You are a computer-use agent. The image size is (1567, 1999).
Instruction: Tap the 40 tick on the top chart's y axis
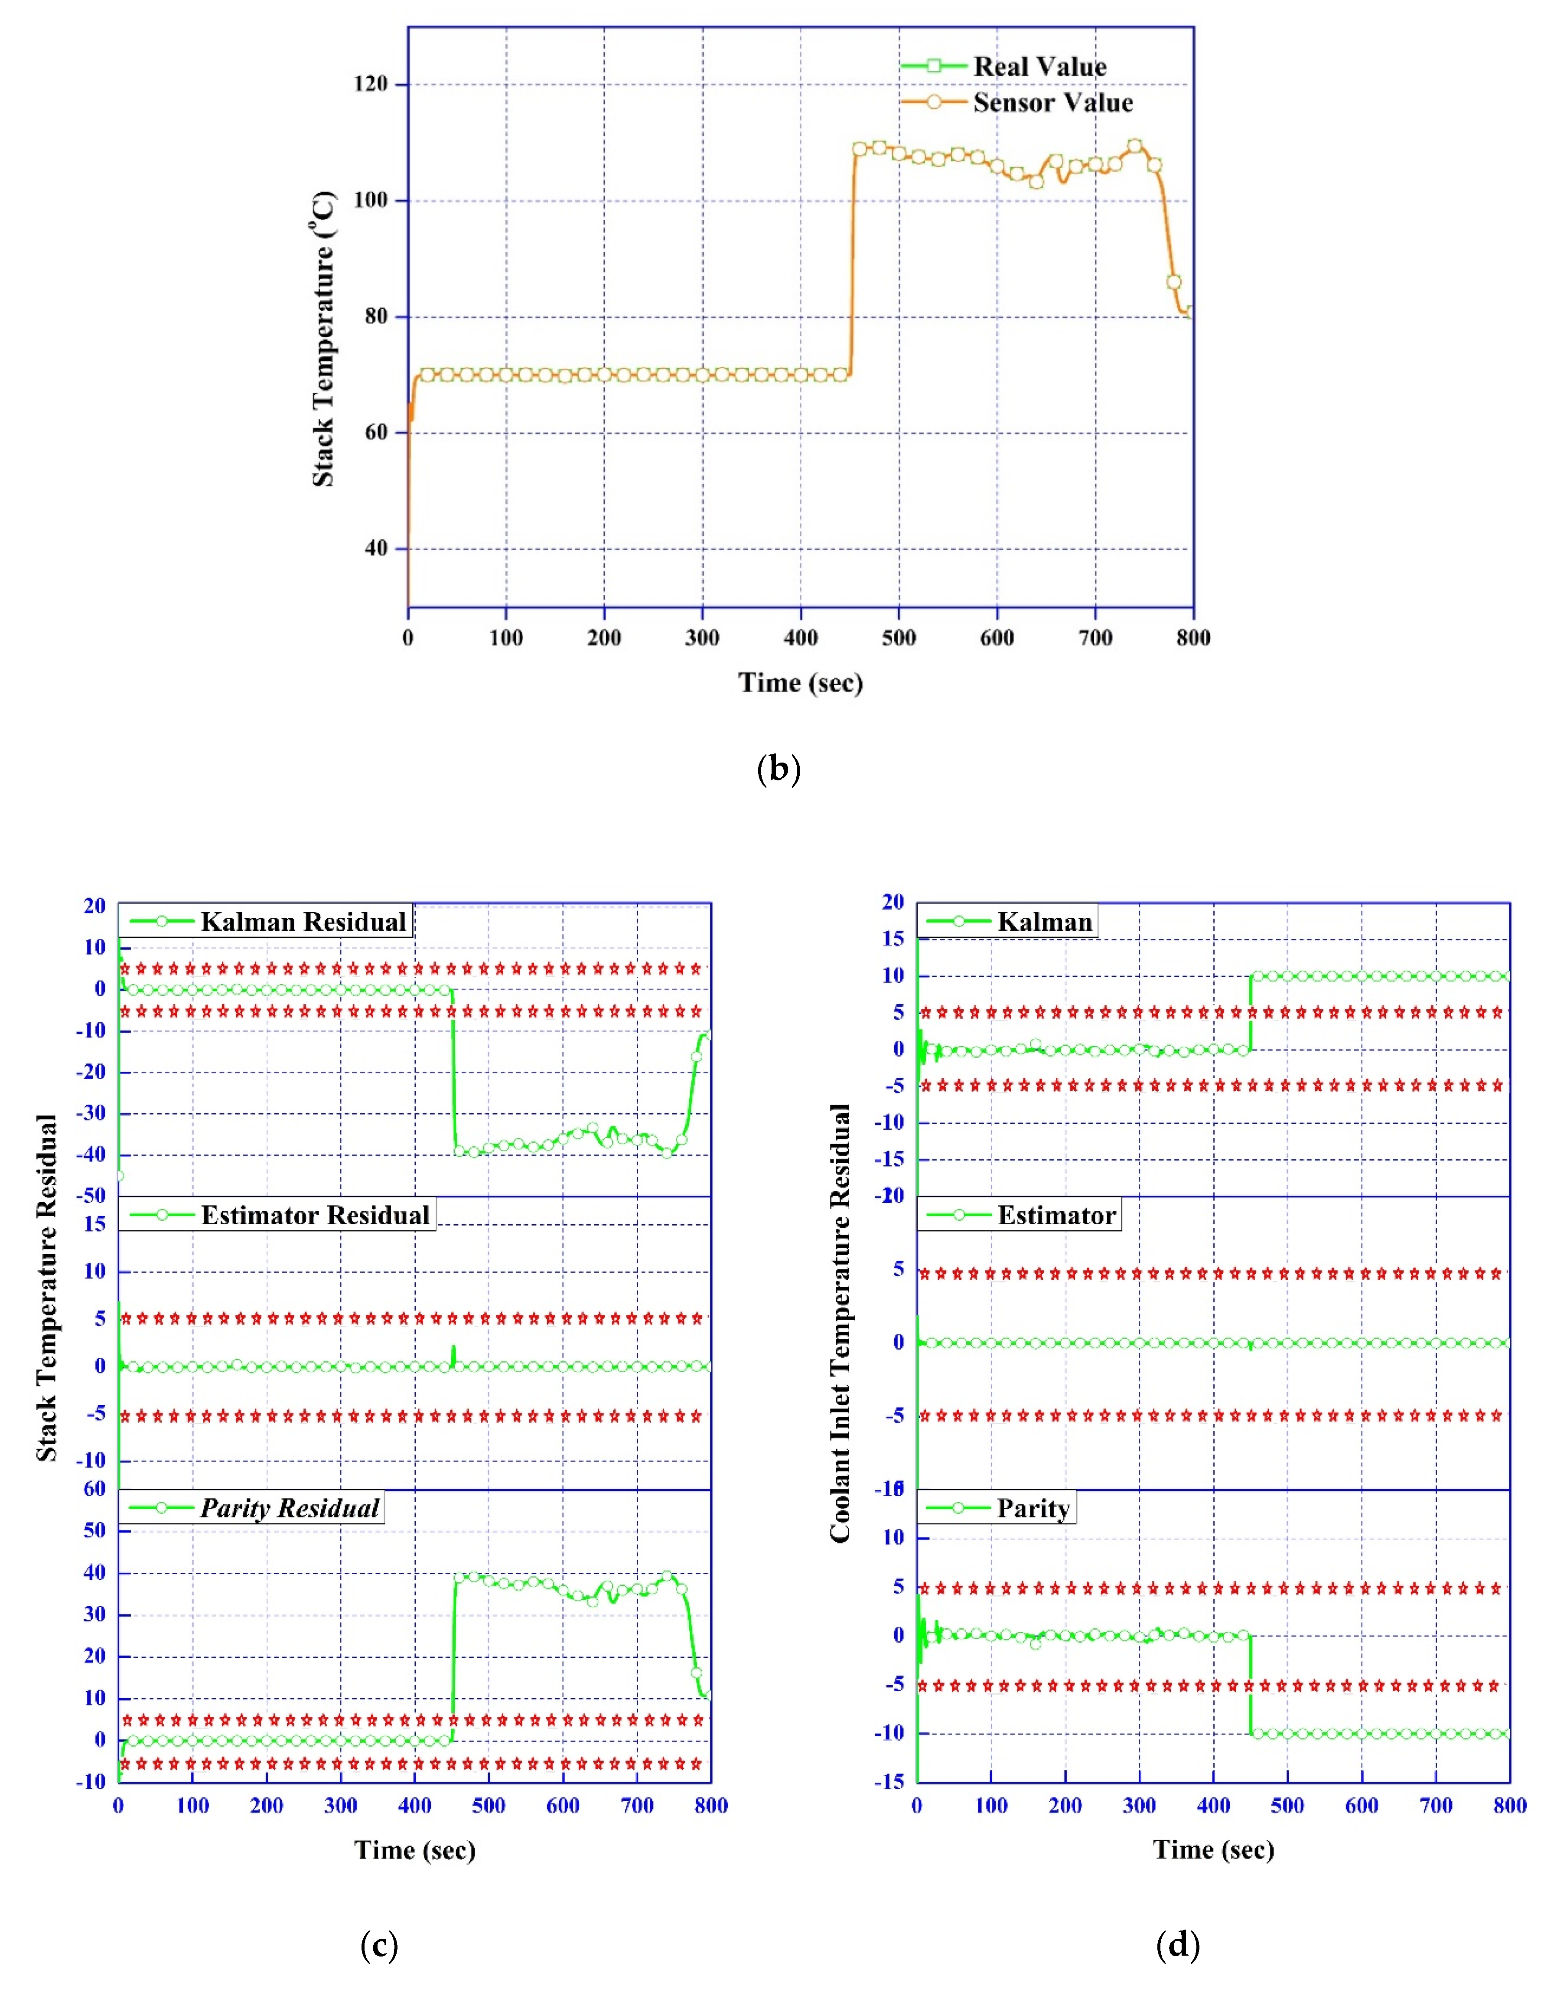[x=376, y=548]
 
